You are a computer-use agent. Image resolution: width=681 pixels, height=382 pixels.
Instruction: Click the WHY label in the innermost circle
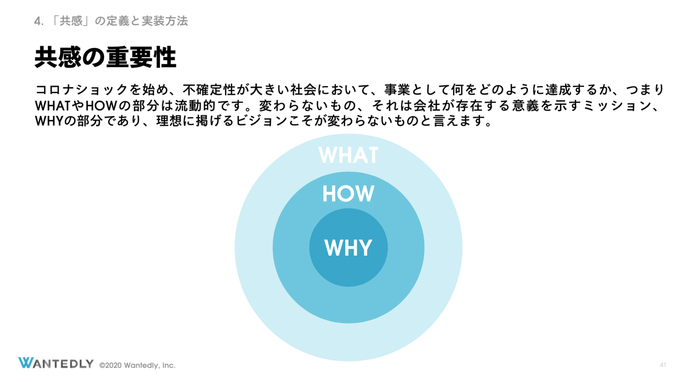[348, 248]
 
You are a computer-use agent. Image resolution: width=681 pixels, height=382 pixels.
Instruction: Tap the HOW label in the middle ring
[348, 194]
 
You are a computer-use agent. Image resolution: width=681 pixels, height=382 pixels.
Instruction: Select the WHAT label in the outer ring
[348, 155]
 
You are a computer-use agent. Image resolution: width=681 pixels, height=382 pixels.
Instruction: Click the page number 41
[663, 365]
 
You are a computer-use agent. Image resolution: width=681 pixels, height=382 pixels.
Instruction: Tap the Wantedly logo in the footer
[56, 363]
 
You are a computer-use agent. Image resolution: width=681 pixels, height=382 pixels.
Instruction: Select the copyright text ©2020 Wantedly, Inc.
[137, 365]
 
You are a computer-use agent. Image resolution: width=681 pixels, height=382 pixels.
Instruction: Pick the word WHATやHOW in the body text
[76, 105]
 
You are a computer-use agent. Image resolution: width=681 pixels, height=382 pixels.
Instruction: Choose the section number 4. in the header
[39, 21]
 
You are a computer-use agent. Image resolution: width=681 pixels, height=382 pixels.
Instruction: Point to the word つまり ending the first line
[646, 90]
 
